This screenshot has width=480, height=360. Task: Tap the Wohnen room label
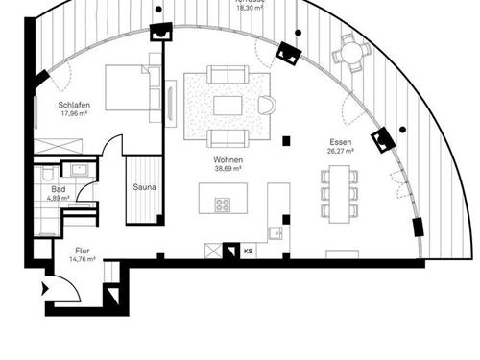(228, 158)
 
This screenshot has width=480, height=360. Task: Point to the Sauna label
(145, 188)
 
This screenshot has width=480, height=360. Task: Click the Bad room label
(60, 189)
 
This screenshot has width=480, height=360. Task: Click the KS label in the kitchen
(248, 252)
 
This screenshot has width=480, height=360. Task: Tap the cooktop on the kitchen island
(223, 204)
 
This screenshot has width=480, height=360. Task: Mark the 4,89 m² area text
(60, 198)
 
